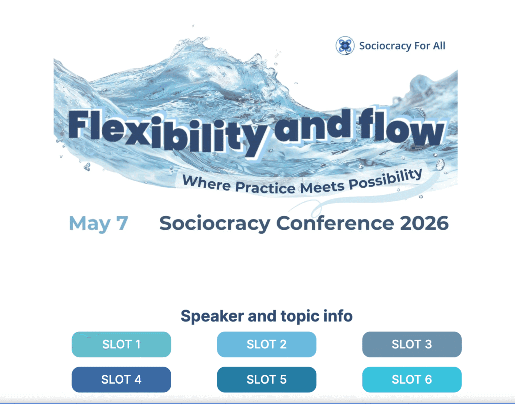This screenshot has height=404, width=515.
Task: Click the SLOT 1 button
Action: tap(121, 344)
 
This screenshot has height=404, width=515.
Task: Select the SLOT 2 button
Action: tap(266, 344)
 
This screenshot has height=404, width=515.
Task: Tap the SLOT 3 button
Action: tap(412, 344)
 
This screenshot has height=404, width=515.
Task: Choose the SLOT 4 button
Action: tap(121, 379)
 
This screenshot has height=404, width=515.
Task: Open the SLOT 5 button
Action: tap(266, 379)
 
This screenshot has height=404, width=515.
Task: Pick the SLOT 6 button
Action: tap(412, 379)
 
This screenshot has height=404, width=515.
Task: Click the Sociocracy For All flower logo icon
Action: tap(345, 46)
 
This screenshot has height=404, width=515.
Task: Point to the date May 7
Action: tap(98, 224)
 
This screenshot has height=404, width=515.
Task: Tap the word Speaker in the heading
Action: tap(212, 316)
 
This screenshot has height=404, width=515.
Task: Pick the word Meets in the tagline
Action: tap(322, 187)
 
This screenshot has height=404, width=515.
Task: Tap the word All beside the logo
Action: tap(439, 46)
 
